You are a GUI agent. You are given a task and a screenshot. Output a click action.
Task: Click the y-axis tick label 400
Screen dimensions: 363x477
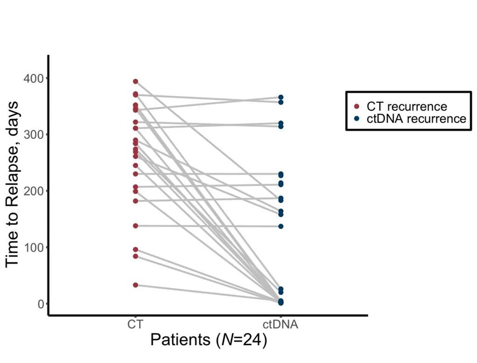coord(32,78)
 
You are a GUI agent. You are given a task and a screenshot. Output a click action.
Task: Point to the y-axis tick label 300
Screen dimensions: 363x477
coord(32,135)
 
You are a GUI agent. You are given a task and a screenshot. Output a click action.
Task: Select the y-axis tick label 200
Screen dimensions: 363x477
coord(32,191)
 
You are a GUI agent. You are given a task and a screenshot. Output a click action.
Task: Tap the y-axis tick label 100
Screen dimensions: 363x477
coord(32,247)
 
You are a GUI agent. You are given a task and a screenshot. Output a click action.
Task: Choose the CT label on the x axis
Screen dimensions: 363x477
coord(135,324)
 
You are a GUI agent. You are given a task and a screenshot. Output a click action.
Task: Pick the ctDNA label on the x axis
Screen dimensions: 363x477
coord(280,324)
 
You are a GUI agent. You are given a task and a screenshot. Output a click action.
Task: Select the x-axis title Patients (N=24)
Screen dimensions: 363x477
coord(209,340)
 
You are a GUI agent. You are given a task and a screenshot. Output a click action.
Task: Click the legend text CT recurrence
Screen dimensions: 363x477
coord(406,107)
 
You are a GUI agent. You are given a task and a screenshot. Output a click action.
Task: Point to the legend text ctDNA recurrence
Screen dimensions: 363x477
coord(416,119)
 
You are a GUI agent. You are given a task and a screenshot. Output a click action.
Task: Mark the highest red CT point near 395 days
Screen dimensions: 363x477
coord(135,81)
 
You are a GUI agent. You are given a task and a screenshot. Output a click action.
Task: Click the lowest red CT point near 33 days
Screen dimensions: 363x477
coord(135,285)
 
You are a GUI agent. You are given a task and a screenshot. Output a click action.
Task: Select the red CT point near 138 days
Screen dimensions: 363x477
coord(135,226)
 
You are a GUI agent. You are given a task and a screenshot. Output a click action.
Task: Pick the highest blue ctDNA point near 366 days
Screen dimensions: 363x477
coord(281,98)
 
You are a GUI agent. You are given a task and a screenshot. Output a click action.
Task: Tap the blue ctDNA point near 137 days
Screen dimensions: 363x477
coord(281,226)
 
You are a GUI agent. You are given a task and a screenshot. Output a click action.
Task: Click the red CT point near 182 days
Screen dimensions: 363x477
coord(135,201)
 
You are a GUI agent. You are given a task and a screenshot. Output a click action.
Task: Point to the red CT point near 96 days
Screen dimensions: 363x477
coord(135,249)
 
